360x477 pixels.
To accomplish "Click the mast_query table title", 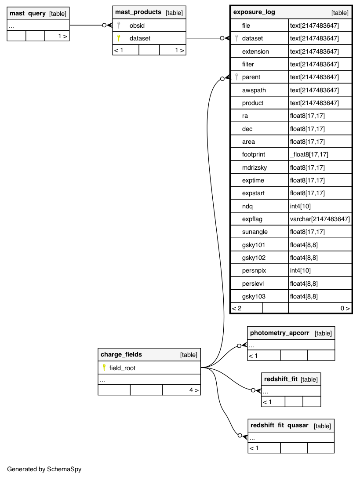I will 28,14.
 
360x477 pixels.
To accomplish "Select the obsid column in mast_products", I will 137,25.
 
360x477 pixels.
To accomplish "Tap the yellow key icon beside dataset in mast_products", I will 119,38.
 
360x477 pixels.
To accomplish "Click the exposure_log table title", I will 254,12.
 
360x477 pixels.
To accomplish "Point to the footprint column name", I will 254,154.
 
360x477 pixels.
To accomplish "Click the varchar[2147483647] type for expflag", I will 320,219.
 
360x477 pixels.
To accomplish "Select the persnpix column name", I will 254,270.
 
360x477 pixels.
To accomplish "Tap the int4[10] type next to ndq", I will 301,206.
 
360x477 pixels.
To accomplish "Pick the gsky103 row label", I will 254,296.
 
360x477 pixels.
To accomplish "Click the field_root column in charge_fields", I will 122,368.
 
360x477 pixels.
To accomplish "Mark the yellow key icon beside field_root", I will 104,368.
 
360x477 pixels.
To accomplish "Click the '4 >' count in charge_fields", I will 193,390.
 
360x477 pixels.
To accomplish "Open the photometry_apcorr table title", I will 280,333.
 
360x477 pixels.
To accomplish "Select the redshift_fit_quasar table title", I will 279,426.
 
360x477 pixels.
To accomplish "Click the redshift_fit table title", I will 280,379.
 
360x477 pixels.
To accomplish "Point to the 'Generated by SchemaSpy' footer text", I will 44,469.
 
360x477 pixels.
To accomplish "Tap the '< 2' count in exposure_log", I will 237,308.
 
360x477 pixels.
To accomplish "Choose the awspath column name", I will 254,90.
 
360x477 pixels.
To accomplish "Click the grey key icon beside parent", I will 236,77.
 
